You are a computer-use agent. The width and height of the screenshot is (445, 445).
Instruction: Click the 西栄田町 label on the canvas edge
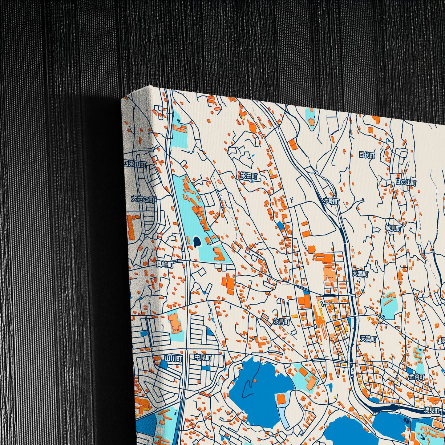pos(135,164)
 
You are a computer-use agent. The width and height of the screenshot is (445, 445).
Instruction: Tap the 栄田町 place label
pos(249,176)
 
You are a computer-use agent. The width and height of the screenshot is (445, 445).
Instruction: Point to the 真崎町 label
pos(165,264)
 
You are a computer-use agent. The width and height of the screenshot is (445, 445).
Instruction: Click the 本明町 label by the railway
pos(331,201)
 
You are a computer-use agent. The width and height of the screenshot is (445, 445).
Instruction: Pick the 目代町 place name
pos(367,155)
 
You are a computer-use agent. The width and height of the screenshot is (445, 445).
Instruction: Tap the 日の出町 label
pos(406,182)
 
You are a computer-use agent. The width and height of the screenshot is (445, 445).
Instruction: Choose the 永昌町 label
pos(281,322)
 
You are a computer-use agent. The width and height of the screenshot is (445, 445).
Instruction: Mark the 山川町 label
pos(173,358)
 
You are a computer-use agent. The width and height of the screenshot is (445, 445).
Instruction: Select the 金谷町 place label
pos(417,377)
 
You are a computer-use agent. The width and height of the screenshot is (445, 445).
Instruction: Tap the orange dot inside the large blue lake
pos(255,381)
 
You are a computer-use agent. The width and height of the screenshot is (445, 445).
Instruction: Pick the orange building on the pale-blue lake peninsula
pos(281,399)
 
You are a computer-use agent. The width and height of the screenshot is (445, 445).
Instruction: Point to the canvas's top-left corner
pos(122,99)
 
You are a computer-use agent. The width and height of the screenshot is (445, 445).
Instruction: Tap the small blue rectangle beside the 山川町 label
pos(164,365)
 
